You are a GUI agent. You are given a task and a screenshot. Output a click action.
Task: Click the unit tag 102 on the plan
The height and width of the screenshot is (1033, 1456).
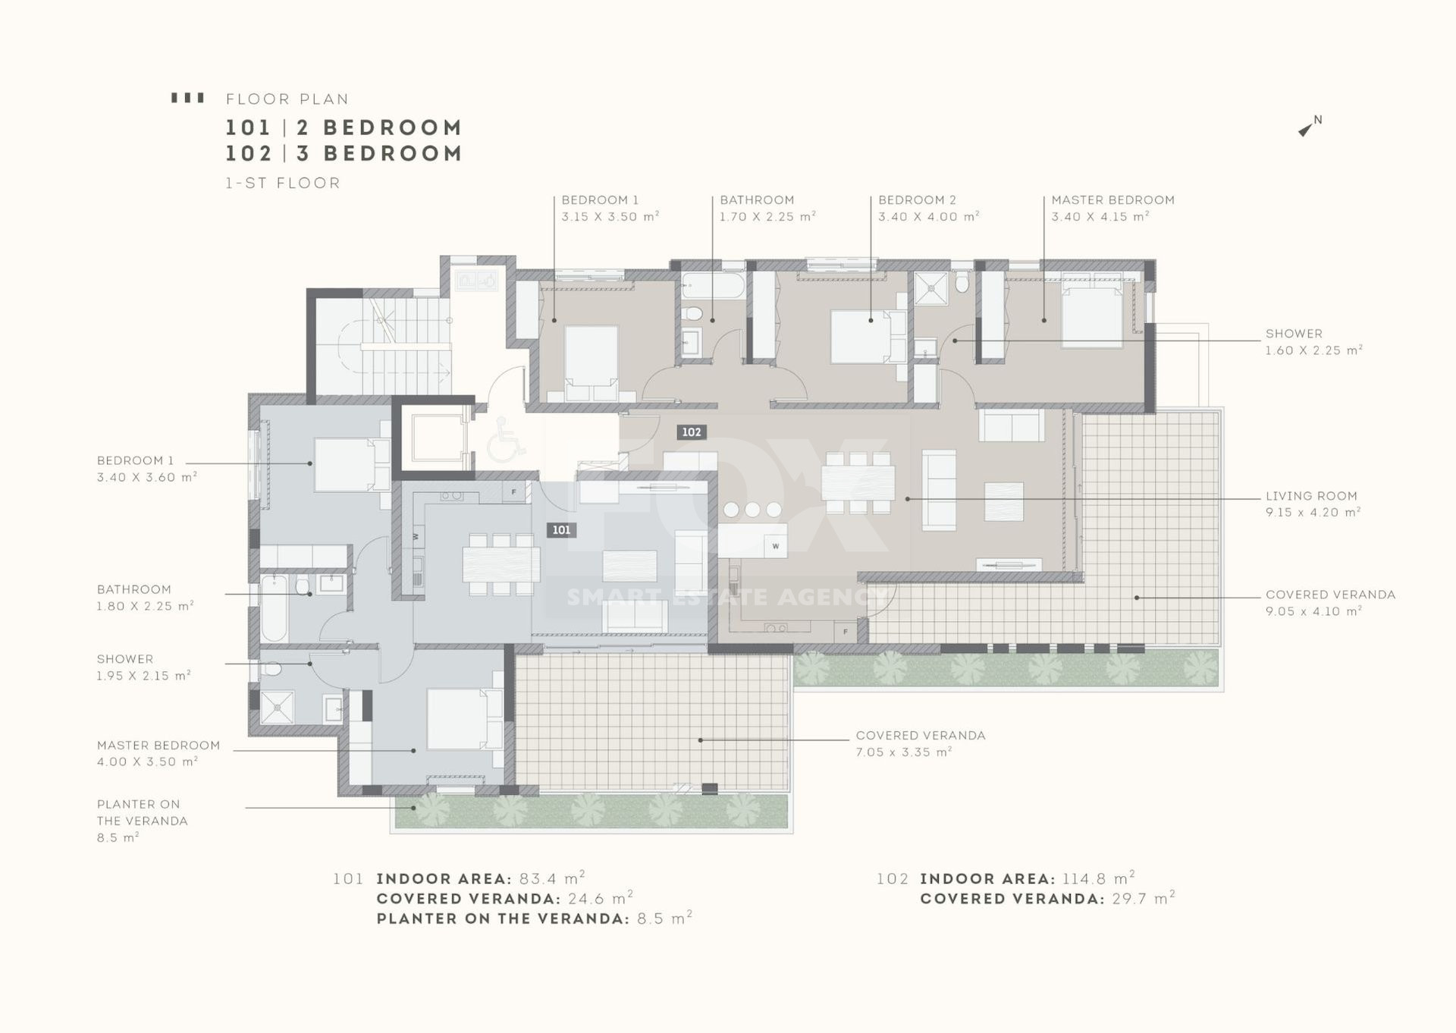(x=692, y=432)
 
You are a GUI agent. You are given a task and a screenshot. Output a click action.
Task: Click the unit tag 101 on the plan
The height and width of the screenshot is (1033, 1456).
(x=561, y=530)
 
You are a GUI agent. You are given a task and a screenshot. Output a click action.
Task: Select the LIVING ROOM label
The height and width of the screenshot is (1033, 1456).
(x=1311, y=496)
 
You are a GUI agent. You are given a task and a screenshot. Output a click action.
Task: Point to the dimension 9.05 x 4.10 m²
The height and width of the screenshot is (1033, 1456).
(x=1313, y=611)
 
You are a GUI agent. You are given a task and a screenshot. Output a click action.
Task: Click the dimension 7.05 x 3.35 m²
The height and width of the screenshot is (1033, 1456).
(x=904, y=752)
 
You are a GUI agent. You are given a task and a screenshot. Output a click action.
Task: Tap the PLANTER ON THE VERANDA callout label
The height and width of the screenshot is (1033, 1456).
(x=142, y=812)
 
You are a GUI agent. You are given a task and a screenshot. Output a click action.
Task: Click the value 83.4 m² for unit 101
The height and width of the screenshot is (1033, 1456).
(x=552, y=878)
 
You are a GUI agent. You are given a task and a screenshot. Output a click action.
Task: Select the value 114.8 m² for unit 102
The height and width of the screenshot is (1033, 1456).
(x=1098, y=878)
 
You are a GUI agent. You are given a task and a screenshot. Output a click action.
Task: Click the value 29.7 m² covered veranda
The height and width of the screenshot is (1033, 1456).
(x=1143, y=899)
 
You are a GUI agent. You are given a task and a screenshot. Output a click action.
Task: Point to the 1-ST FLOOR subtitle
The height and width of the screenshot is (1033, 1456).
(x=283, y=183)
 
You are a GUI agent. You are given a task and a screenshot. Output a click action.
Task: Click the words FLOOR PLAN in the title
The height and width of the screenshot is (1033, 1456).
(x=287, y=99)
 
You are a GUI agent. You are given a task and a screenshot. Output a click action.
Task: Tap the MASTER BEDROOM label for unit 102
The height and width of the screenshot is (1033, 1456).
(x=1112, y=200)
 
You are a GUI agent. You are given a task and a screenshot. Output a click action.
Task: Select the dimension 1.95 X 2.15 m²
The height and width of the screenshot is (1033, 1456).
(x=143, y=676)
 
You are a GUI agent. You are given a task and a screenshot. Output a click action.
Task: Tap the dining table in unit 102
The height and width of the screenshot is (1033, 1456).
(x=858, y=483)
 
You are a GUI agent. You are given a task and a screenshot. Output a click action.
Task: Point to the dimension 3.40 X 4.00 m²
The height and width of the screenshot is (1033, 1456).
(x=929, y=217)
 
